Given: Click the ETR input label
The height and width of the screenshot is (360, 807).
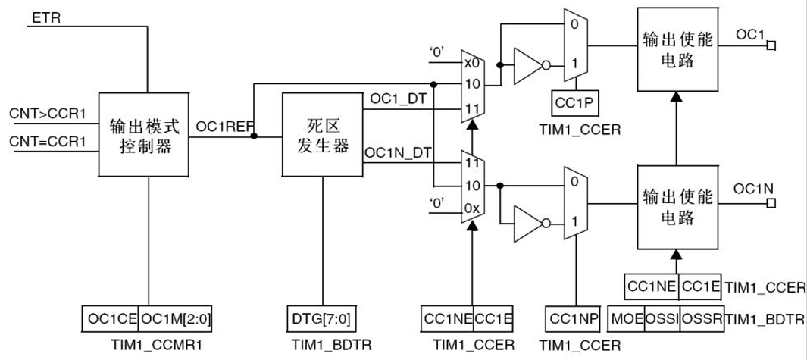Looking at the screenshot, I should (47, 17).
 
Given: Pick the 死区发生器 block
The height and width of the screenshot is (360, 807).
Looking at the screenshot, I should (321, 134).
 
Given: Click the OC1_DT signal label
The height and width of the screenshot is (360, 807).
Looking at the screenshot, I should (394, 100).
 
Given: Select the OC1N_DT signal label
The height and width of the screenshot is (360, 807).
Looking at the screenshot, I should (398, 153).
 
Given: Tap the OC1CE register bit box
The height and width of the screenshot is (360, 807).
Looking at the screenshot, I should (111, 318).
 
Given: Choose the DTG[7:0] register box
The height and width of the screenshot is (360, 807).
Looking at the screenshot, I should (321, 318).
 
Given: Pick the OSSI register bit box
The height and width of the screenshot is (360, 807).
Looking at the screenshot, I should (663, 318).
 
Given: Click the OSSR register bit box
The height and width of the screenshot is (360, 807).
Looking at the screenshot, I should (702, 318).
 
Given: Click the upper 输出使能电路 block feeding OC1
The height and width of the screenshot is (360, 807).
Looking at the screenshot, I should (677, 49).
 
